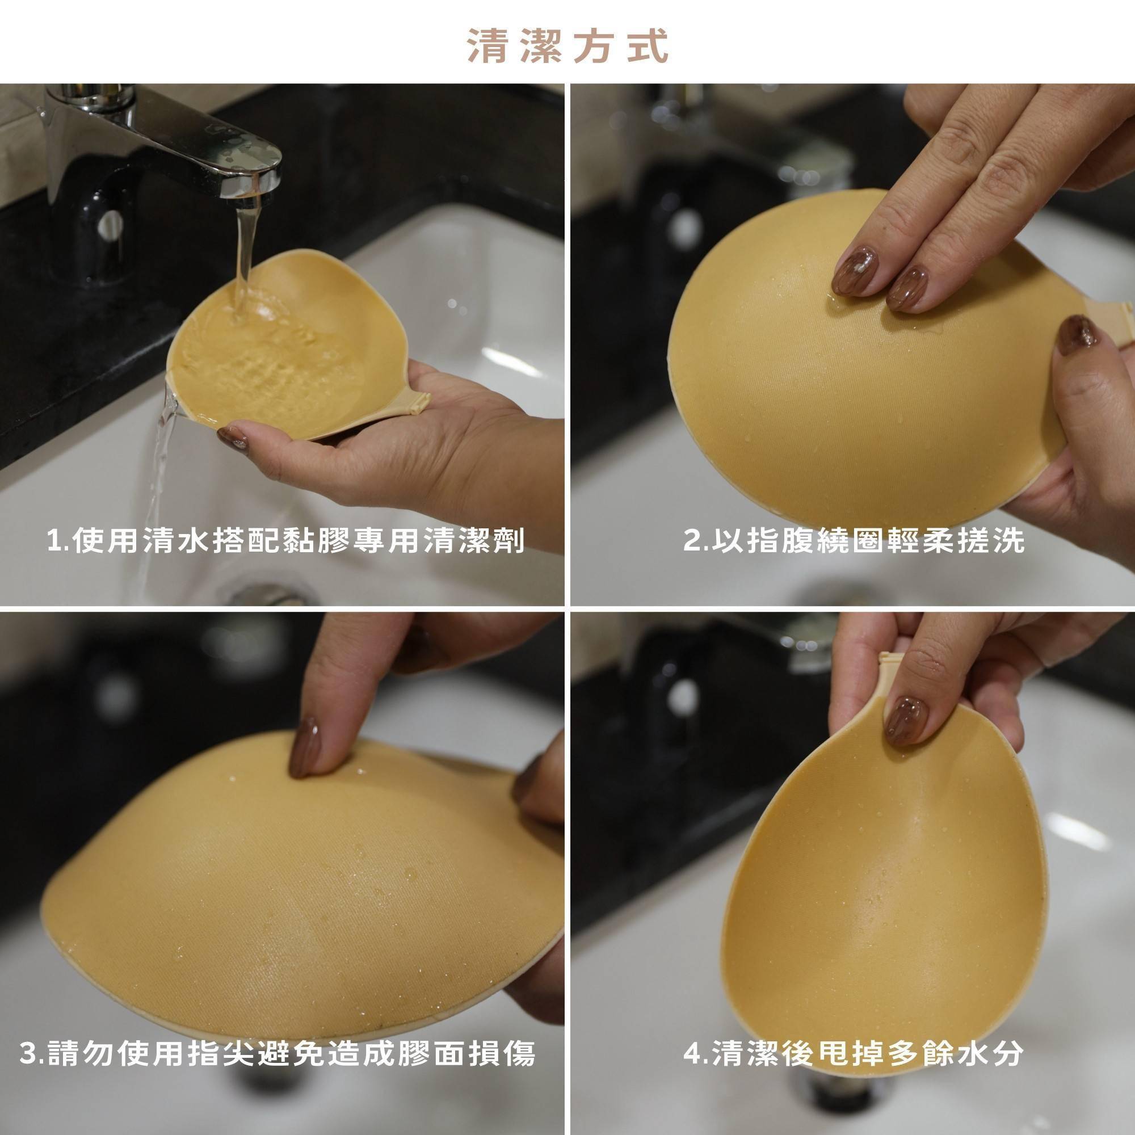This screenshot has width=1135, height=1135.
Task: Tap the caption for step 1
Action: pos(285,540)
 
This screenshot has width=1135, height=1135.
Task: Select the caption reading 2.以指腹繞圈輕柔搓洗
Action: pos(854,540)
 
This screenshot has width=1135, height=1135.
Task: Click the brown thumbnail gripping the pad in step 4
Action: pos(906,721)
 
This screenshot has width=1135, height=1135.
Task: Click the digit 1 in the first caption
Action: pos(55,541)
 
